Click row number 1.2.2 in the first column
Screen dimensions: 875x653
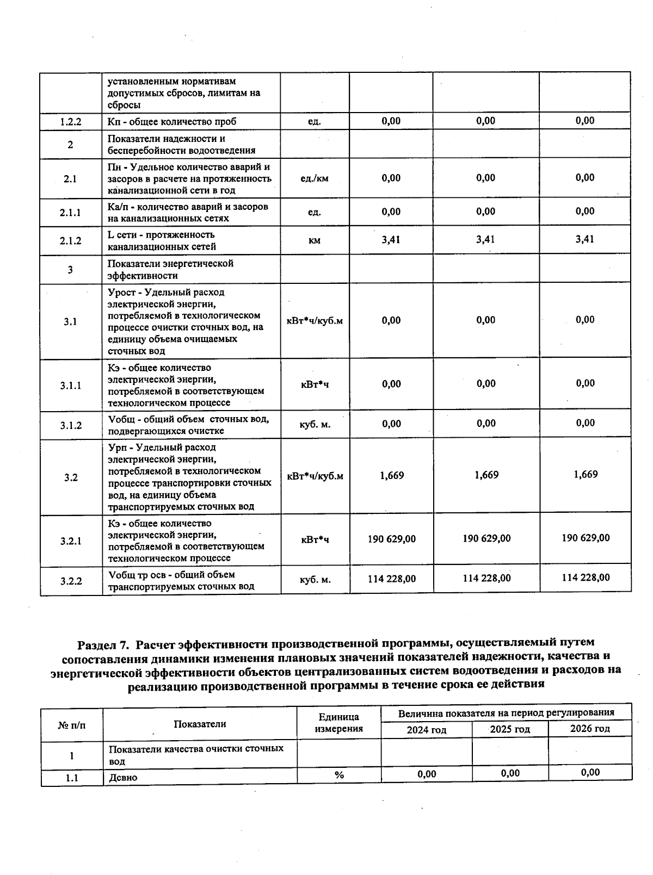(71, 122)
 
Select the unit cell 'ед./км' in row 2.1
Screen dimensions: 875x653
(314, 178)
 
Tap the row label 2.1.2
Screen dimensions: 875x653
(70, 241)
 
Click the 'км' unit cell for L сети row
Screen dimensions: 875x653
(314, 240)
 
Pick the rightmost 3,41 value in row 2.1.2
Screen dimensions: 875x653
(585, 239)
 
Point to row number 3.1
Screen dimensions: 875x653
(70, 321)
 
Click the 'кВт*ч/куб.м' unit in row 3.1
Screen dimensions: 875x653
(315, 321)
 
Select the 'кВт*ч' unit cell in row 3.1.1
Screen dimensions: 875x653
(315, 384)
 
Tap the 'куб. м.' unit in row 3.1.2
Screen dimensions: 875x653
(315, 424)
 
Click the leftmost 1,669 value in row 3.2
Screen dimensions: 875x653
(391, 476)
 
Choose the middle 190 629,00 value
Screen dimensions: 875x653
(486, 538)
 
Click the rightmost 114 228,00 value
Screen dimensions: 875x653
(586, 578)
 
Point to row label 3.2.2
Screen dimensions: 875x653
(71, 581)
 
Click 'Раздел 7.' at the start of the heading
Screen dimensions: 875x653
(103, 645)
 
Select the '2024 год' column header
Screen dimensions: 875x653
(426, 730)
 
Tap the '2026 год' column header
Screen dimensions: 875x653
(590, 729)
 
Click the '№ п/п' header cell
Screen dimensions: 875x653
(72, 725)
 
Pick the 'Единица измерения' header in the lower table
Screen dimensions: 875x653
(338, 723)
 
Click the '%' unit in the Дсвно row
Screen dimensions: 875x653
(339, 775)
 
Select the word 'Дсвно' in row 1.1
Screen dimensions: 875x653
(123, 778)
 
